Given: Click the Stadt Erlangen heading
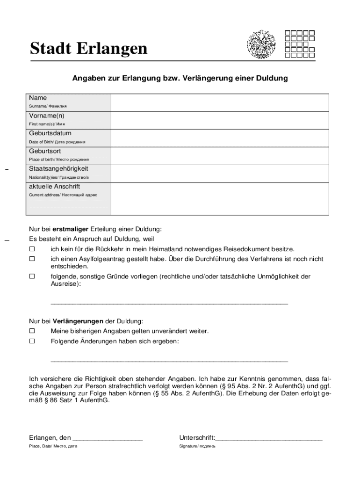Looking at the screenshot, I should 88,48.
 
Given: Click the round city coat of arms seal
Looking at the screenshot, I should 261,44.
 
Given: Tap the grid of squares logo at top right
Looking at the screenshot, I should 299,44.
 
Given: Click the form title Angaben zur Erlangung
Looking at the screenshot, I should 180,79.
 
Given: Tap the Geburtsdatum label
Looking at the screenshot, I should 50,133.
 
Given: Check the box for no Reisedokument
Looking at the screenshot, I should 32,249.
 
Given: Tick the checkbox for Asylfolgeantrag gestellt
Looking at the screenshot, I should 32,259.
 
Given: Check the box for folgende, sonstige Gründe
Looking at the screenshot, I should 32,276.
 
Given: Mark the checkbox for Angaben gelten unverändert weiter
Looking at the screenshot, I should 32,331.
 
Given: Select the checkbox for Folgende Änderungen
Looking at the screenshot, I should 32,341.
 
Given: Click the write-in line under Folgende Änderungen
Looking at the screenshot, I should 169,361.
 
